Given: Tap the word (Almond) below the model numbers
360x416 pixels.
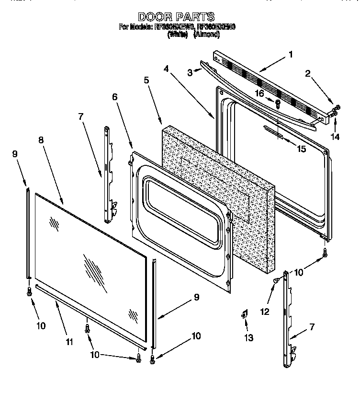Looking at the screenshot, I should point(206,35).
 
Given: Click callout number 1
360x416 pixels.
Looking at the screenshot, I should point(290,55).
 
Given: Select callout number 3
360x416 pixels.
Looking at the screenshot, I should point(190,73).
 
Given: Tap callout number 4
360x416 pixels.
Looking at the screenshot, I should point(166,69).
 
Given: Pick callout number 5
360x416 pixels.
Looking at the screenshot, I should point(146,80).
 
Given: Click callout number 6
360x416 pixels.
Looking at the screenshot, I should point(114,97).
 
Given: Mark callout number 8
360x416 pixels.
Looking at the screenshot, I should point(41,140).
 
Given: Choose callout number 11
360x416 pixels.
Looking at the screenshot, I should point(70,342).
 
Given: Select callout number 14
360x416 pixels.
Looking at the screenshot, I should point(335,137).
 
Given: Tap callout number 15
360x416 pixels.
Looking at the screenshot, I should point(301,149).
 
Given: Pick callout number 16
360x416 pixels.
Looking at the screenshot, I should point(259,93).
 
